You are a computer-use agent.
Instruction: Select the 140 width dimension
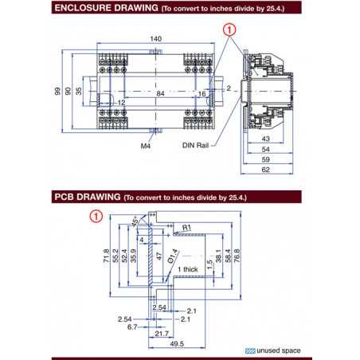tap(155, 38)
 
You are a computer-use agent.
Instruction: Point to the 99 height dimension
tap(58, 91)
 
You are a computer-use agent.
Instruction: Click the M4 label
tap(146, 147)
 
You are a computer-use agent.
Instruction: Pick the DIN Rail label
tap(197, 147)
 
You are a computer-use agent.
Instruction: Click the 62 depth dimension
tap(265, 170)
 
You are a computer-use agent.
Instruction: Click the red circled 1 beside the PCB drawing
tap(96, 216)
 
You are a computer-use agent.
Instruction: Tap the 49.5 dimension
tap(177, 344)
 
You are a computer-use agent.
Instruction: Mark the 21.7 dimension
tap(162, 332)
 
